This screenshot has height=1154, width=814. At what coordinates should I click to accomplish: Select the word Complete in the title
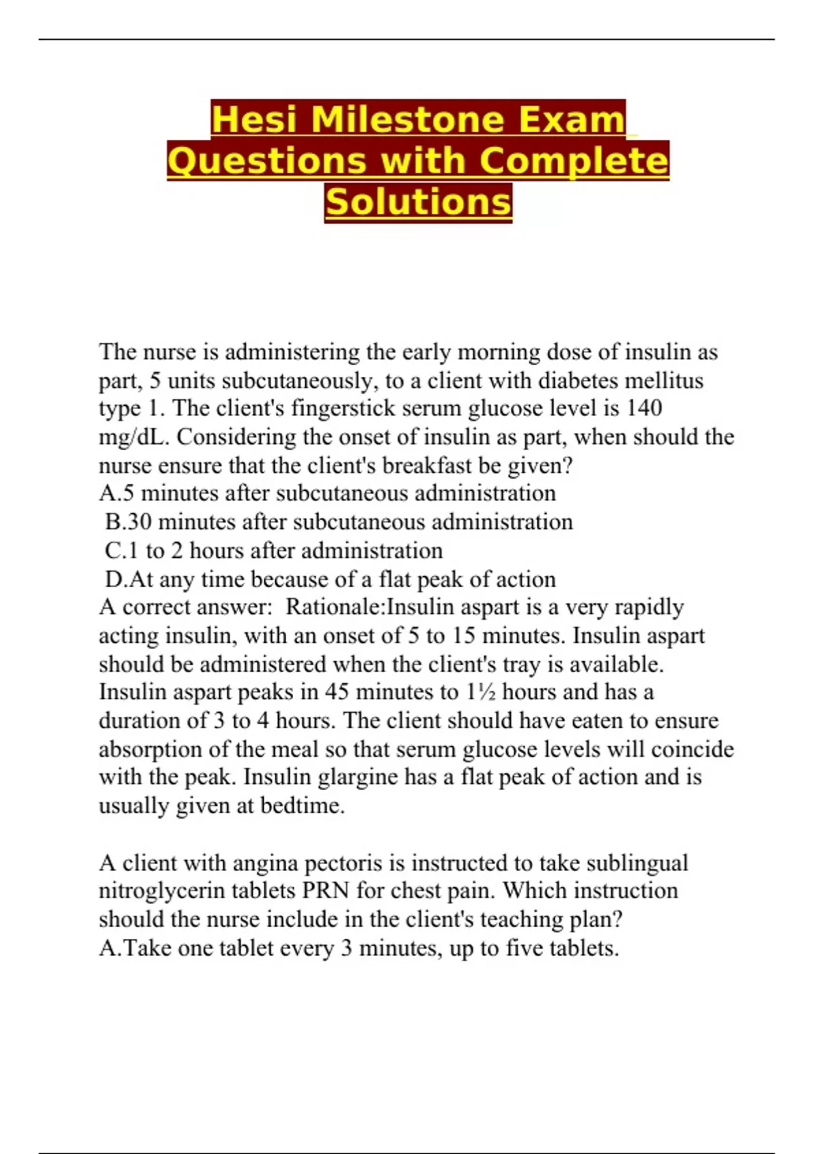click(574, 162)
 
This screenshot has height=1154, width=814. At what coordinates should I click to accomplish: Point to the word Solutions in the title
click(418, 202)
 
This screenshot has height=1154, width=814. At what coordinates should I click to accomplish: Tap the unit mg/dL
click(133, 437)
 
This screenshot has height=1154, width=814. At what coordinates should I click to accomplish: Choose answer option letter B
click(113, 522)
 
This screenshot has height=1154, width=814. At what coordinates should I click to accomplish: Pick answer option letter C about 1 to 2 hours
click(113, 551)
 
